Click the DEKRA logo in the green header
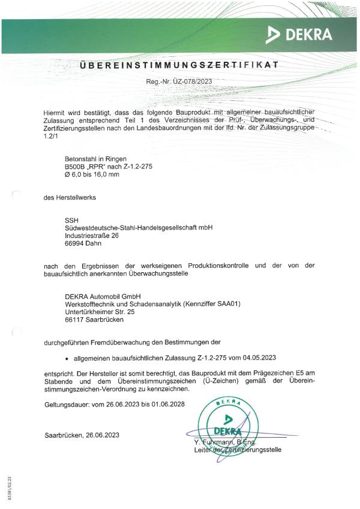[x=299, y=35]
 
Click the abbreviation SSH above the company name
[x=71, y=219]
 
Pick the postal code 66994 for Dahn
[x=75, y=244]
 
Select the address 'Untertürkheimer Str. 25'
[x=100, y=312]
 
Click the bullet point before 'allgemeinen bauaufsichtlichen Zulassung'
[x=66, y=358]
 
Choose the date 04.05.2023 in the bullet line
[x=259, y=358]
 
